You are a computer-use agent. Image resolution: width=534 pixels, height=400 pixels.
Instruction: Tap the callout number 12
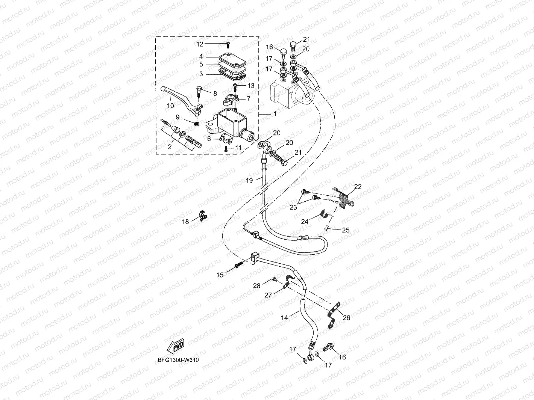[x=200, y=44]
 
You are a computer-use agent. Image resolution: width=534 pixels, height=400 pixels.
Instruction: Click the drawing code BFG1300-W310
[x=178, y=360]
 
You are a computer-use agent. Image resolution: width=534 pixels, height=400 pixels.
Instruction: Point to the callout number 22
[x=358, y=187]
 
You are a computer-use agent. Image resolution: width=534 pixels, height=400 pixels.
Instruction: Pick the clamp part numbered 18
[x=202, y=216]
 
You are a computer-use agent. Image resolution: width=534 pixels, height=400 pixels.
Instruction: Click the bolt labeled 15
[x=238, y=266]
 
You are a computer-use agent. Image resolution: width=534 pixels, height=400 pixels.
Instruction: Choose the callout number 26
[x=346, y=318]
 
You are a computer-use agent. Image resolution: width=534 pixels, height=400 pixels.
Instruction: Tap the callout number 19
[x=249, y=181]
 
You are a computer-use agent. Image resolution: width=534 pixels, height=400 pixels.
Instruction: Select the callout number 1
[x=275, y=113]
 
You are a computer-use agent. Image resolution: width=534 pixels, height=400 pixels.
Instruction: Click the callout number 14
[x=284, y=318]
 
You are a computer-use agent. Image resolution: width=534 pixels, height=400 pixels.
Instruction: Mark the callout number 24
[x=305, y=222]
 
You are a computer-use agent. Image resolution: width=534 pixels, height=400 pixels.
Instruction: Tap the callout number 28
[x=257, y=286]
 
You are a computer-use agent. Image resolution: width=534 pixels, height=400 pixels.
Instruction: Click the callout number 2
[x=170, y=147]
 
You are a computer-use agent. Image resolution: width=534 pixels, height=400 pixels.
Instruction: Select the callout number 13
[x=251, y=86]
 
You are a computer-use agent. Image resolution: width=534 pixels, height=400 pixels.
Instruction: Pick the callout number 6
[x=209, y=139]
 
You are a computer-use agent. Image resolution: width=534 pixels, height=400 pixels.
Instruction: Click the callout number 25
[x=345, y=230]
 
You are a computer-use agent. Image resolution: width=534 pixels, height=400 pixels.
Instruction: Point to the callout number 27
[x=268, y=295]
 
